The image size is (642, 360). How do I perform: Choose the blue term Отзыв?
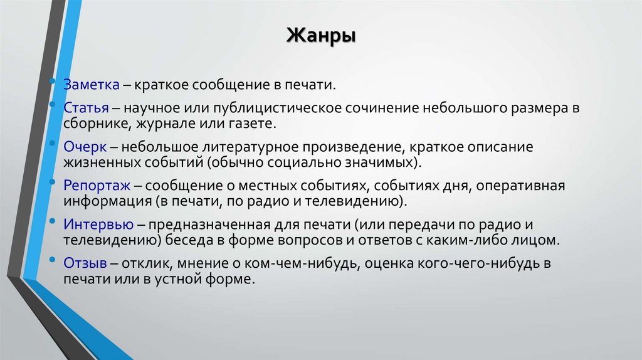click(x=82, y=263)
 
